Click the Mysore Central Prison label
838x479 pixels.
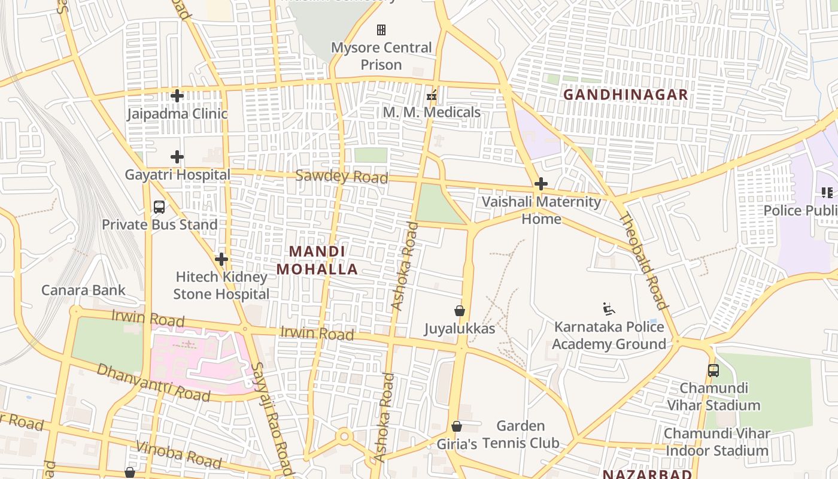[381, 56]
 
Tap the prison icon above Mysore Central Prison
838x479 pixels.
[381, 29]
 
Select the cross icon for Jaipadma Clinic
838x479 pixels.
[177, 95]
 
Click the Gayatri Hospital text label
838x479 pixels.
[177, 175]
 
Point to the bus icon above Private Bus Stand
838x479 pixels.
[159, 207]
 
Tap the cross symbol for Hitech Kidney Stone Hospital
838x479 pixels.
[221, 259]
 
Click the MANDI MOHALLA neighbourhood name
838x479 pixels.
[317, 260]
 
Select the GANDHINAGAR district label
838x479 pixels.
[626, 95]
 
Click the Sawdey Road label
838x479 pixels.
[342, 177]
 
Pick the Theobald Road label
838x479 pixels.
[643, 260]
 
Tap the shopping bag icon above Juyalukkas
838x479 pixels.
[460, 311]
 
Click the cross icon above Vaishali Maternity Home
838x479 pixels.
[541, 184]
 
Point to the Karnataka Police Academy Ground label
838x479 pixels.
[609, 335]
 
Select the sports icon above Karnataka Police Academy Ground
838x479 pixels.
[609, 309]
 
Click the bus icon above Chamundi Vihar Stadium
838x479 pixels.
[713, 370]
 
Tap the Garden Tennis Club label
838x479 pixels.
[521, 435]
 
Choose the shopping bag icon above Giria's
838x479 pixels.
[457, 426]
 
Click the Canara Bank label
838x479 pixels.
[83, 290]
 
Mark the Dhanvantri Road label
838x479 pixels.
[153, 383]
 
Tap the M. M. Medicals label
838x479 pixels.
[432, 113]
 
